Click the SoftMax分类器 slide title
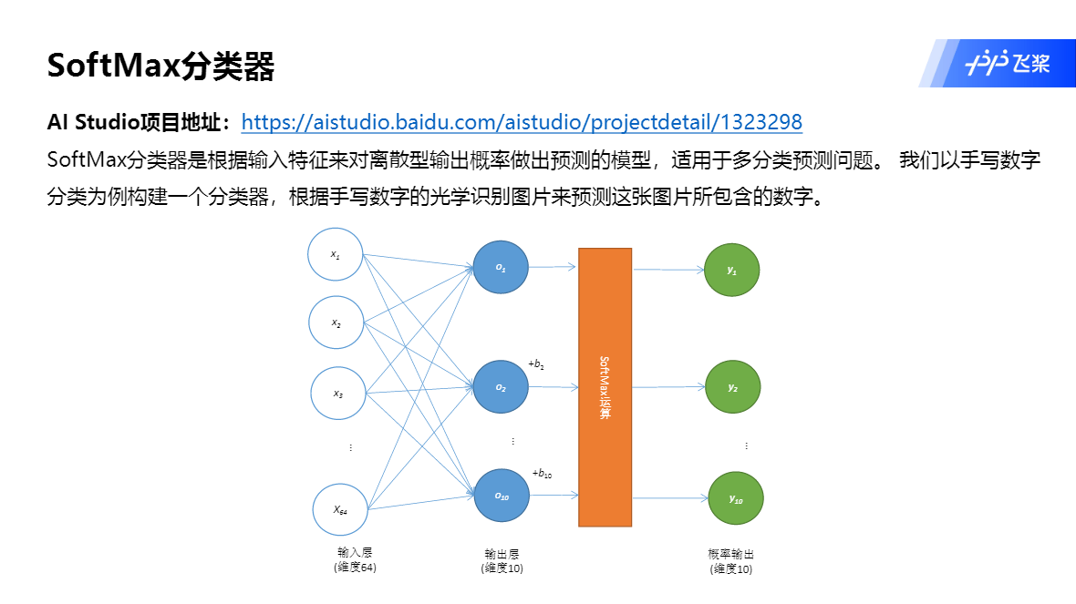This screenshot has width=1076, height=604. [160, 67]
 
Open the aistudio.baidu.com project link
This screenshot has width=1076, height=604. [522, 122]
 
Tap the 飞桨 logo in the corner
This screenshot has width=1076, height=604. [1008, 64]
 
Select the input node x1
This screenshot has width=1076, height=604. [336, 254]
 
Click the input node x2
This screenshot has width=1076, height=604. [336, 323]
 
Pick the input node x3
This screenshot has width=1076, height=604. [338, 394]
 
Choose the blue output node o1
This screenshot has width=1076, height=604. [501, 267]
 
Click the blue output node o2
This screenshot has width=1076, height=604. [501, 387]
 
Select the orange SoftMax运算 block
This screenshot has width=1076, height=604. [605, 387]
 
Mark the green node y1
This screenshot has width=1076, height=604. [732, 271]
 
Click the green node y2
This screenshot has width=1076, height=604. [733, 387]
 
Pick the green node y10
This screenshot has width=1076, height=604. [736, 499]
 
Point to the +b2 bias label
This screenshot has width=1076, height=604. [536, 364]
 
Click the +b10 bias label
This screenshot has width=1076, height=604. [542, 473]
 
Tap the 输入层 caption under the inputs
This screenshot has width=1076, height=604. [355, 553]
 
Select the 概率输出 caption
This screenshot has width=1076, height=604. [731, 554]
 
